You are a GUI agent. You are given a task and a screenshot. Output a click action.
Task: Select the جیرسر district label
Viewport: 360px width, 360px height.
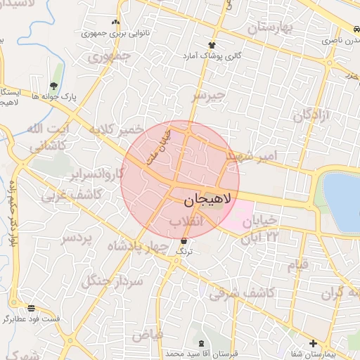click(209, 94)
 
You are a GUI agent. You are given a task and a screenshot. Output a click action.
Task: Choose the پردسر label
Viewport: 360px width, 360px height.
click(76, 238)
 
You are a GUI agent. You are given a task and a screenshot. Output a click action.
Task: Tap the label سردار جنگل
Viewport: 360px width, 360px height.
click(112, 281)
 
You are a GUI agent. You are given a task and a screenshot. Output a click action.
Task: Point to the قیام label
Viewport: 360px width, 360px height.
click(298, 265)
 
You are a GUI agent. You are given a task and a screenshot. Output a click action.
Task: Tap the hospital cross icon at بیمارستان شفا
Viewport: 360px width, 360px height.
click(313, 343)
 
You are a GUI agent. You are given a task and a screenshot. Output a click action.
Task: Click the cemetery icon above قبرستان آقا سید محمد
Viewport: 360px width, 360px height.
click(202, 343)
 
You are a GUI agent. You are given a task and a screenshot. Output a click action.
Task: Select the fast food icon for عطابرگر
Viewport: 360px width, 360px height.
click(32, 308)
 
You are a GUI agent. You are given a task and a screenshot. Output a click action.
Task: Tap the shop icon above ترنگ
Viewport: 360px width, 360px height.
click(184, 241)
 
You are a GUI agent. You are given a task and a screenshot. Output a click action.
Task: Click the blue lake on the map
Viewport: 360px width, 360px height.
click(343, 200)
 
